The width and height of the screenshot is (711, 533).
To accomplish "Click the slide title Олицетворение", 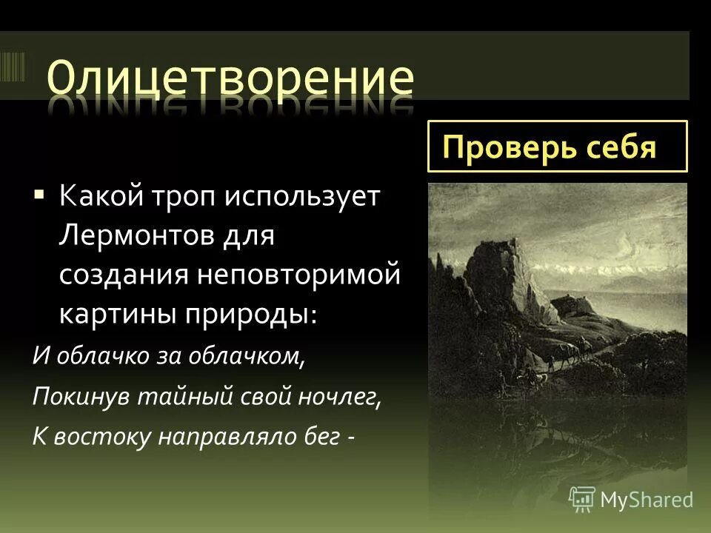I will click(230, 78).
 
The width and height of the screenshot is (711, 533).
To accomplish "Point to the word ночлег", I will click(341, 397).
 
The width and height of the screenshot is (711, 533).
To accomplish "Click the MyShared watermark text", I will click(646, 500).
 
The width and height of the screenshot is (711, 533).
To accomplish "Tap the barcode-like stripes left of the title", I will click(13, 66).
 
